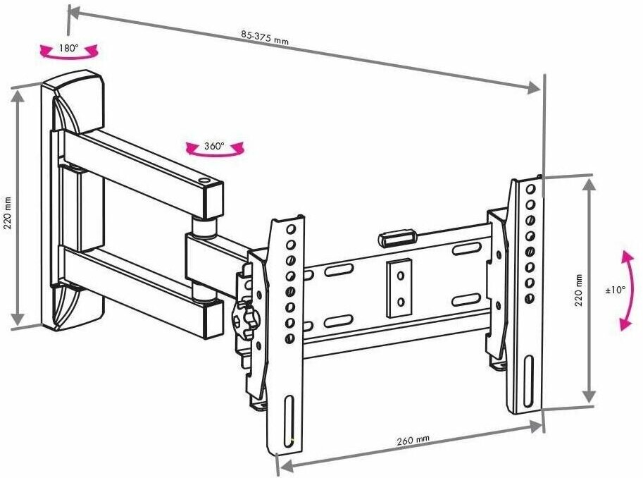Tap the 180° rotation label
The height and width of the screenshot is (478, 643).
pos(68,49)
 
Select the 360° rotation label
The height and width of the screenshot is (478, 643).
pos(214,147)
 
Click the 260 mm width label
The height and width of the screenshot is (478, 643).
pos(413,440)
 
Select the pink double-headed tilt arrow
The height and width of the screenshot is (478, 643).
pos(624,289)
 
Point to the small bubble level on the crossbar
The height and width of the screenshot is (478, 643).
pos(397,236)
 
